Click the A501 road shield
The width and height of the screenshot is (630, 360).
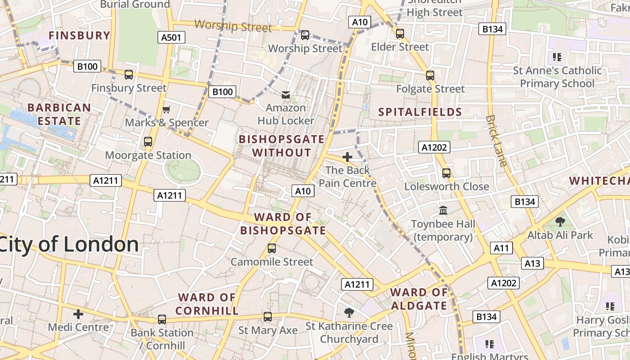[x=172, y=37]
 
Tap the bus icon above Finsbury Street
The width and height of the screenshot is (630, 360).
[x=129, y=75]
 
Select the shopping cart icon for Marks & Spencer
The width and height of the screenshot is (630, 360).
[x=166, y=109]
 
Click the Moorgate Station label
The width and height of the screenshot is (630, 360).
[x=148, y=155]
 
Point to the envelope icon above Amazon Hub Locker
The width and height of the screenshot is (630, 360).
[x=286, y=95]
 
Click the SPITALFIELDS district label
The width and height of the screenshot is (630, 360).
[x=420, y=112]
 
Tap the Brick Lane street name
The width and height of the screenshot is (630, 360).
[x=496, y=140]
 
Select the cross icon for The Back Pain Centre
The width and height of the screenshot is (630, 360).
[x=347, y=157]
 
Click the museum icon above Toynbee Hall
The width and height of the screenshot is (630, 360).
[x=443, y=210]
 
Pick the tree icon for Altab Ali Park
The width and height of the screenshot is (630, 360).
[x=560, y=221]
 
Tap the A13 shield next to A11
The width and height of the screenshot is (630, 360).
[x=532, y=263]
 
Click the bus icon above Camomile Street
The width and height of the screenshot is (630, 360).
[x=271, y=248]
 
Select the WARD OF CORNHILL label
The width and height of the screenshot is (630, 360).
[x=207, y=304]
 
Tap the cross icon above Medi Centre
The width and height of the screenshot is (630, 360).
[x=78, y=314]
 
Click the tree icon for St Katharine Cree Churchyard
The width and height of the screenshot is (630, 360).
[x=349, y=312]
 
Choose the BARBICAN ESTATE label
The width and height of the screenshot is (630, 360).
[x=59, y=114]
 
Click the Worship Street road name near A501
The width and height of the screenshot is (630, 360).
[x=233, y=26]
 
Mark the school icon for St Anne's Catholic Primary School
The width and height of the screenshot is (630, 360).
[x=557, y=57]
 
